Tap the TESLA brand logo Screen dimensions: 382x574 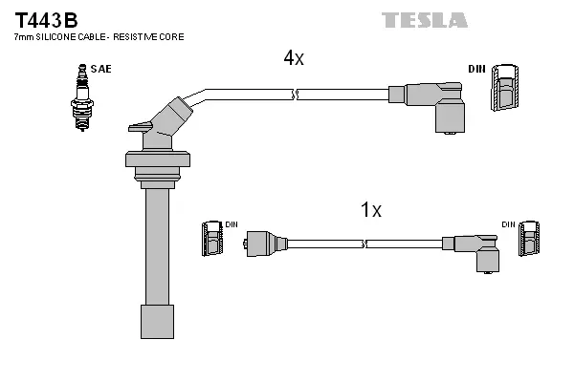(424, 20)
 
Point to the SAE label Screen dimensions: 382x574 (99, 69)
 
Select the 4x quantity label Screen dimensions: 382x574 (294, 58)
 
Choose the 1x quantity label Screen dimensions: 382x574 (371, 210)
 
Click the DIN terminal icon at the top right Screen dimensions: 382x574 (505, 92)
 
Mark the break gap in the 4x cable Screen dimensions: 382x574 (296, 94)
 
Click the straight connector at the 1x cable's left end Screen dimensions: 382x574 (264, 243)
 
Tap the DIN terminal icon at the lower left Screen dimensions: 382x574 (211, 239)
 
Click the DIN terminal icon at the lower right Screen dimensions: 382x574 (530, 239)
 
